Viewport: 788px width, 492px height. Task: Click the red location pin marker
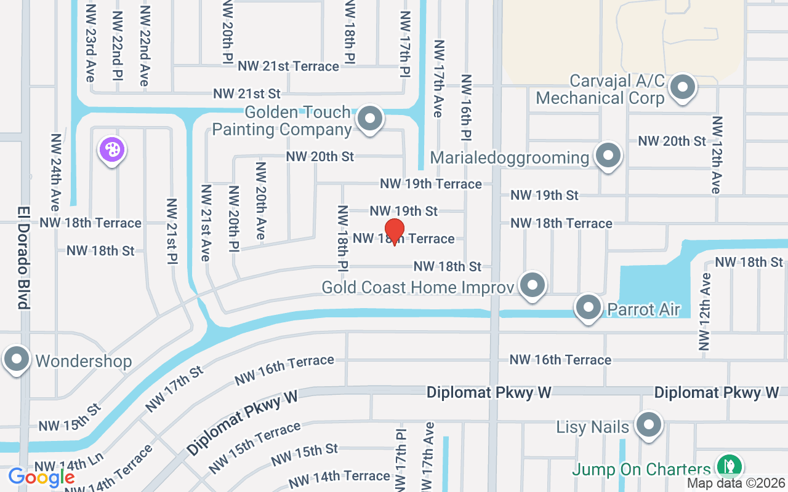pyautogui.click(x=394, y=231)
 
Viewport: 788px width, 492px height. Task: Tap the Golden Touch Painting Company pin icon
pyautogui.click(x=370, y=118)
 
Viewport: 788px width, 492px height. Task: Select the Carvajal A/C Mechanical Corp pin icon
pyautogui.click(x=682, y=87)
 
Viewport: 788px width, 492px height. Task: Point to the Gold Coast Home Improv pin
pyautogui.click(x=533, y=285)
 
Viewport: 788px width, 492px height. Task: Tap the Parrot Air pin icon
pyautogui.click(x=589, y=306)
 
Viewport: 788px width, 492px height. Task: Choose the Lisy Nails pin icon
pyautogui.click(x=648, y=424)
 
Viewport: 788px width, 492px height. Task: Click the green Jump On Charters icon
pyautogui.click(x=730, y=465)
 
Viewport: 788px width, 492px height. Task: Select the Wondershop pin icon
pyautogui.click(x=17, y=359)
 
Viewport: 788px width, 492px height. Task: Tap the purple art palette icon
pyautogui.click(x=112, y=149)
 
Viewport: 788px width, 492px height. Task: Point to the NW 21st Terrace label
pyautogui.click(x=288, y=66)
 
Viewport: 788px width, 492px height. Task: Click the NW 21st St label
pyautogui.click(x=247, y=93)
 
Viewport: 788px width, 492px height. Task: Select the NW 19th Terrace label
pyautogui.click(x=430, y=183)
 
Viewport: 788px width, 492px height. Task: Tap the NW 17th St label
pyautogui.click(x=174, y=389)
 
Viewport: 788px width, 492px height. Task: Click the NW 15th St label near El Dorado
pyautogui.click(x=69, y=418)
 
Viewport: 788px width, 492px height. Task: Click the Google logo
pyautogui.click(x=41, y=477)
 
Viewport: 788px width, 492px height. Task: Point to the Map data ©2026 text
pyautogui.click(x=736, y=483)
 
